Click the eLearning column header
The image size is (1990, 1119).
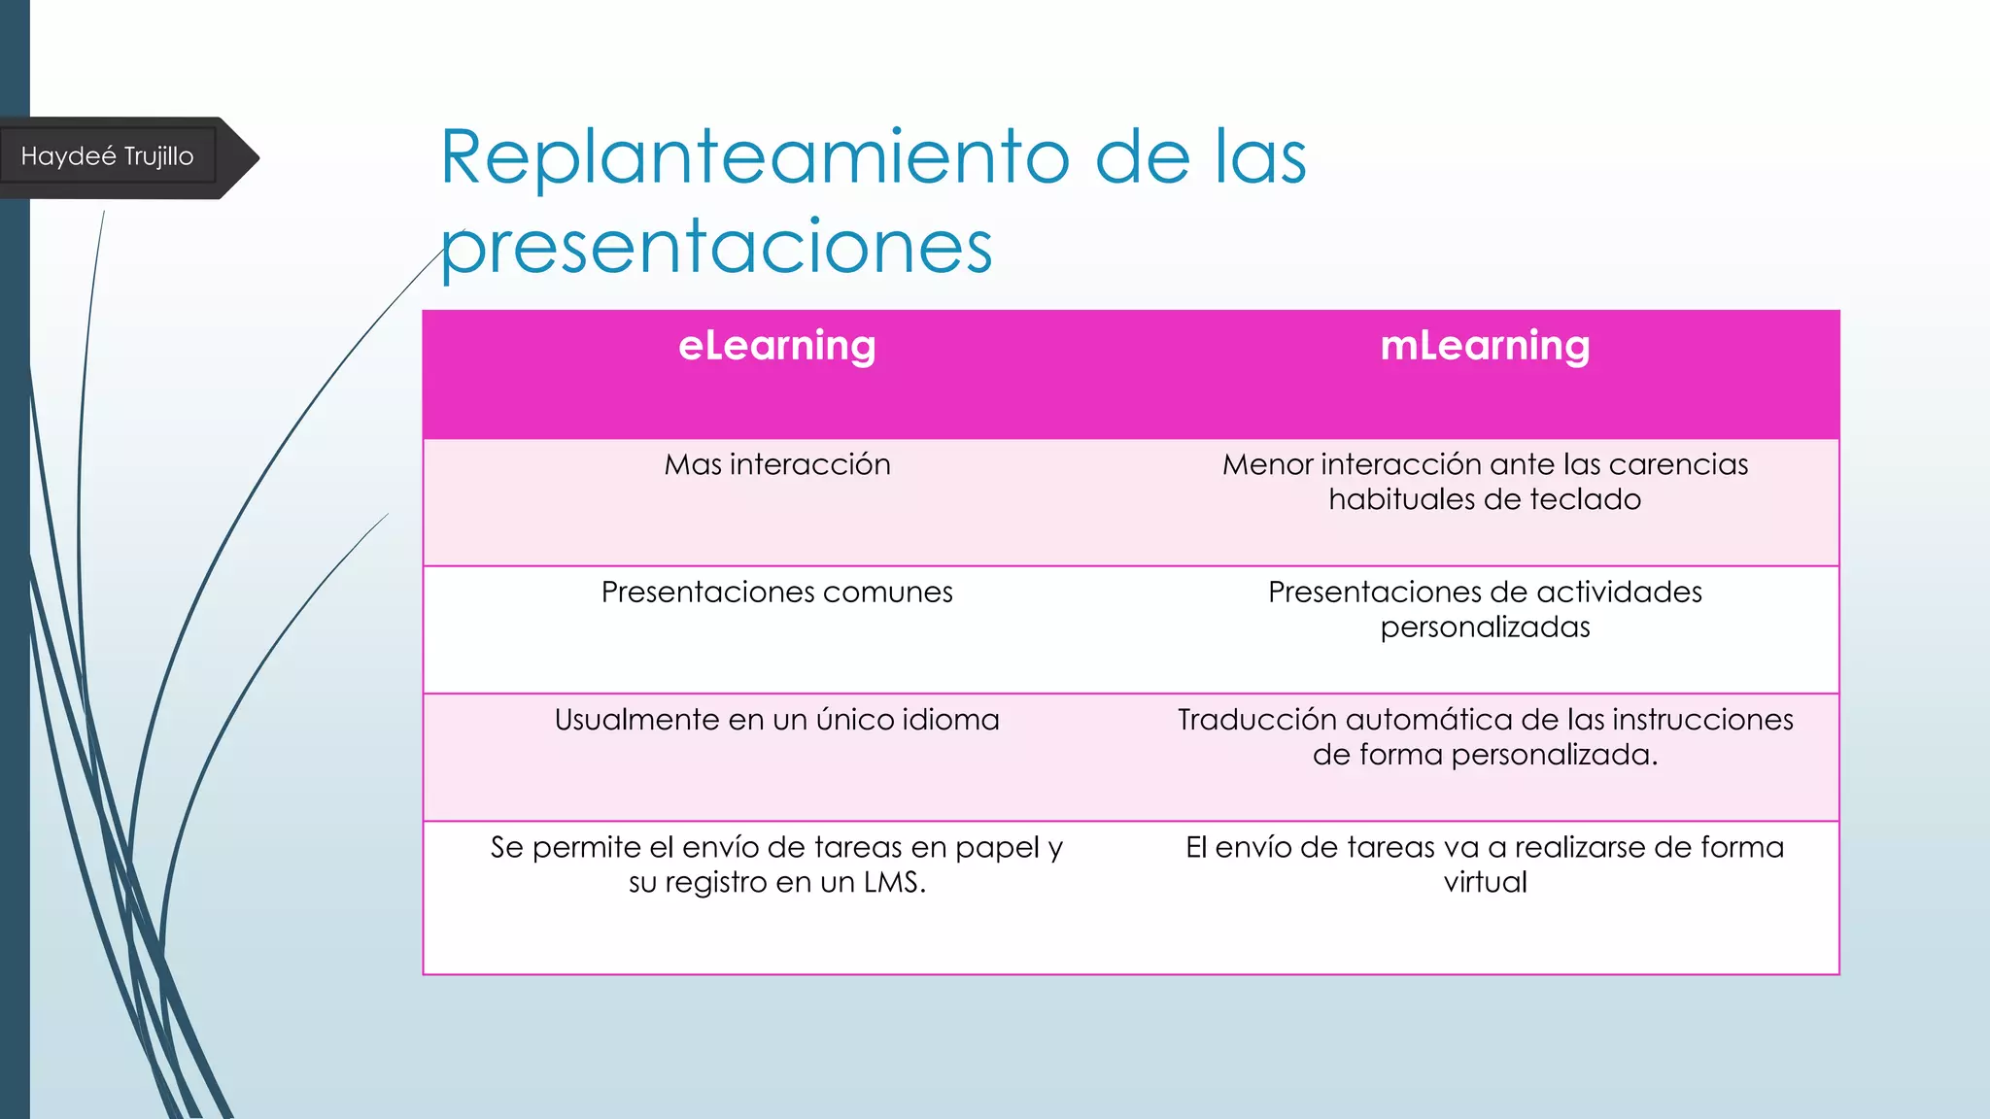pyautogui.click(x=776, y=347)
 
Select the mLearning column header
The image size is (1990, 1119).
pyautogui.click(x=1485, y=347)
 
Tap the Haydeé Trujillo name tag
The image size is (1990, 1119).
pyautogui.click(x=108, y=156)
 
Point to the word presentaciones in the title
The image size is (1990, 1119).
pyautogui.click(x=717, y=248)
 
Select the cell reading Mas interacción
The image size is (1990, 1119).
pyautogui.click(x=776, y=464)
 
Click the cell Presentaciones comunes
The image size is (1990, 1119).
pyautogui.click(x=776, y=592)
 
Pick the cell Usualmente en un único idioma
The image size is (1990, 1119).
pyautogui.click(x=776, y=720)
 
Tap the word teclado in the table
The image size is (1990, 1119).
pyautogui.click(x=1586, y=499)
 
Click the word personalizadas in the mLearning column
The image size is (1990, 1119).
pyautogui.click(x=1485, y=627)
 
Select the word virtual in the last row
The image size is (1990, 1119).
pyautogui.click(x=1485, y=882)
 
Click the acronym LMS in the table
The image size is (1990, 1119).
pyautogui.click(x=894, y=882)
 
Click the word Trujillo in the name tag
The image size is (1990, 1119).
pyautogui.click(x=158, y=156)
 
